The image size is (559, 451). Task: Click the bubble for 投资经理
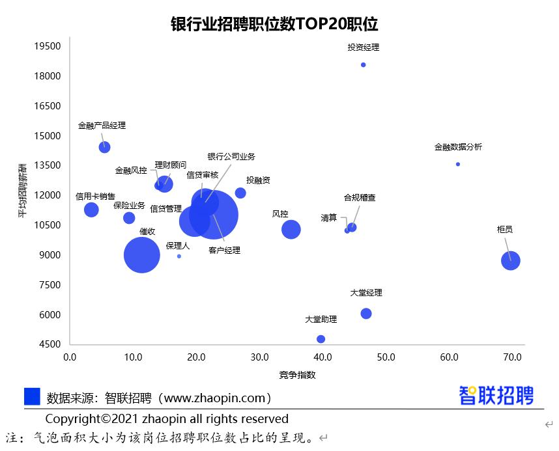coord(363,64)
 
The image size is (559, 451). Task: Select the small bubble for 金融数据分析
coord(458,164)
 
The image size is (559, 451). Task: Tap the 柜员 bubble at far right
coord(510,261)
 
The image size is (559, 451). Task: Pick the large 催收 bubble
coord(141,255)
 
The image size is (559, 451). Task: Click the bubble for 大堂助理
coord(321,339)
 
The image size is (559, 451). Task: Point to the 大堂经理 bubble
coord(366,314)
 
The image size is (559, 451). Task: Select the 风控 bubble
coord(291,229)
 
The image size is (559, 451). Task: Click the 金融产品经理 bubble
coord(104,147)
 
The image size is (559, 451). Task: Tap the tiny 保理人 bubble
coord(179,256)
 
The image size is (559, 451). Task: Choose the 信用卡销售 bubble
coord(91,210)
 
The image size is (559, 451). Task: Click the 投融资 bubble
coord(240,193)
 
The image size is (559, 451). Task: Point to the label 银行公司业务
coord(231,157)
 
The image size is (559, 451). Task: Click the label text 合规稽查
coord(360,197)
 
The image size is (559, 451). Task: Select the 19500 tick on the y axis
coord(48,46)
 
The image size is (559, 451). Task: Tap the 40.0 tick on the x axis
coord(323,357)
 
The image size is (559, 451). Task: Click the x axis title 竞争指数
coord(297,374)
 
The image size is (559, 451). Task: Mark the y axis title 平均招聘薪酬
coord(23,190)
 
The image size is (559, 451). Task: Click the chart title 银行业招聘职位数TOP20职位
coord(274,24)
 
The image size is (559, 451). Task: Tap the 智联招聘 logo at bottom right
coord(496,395)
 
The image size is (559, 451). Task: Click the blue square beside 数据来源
coord(32,396)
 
